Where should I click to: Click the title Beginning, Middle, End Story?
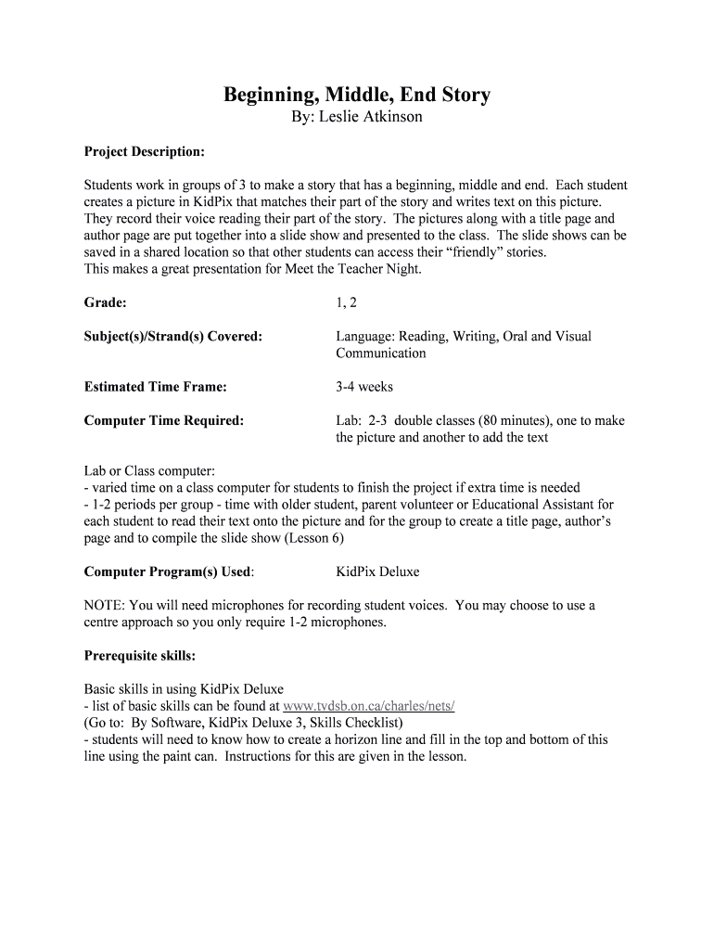coord(357,95)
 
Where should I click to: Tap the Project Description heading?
coord(145,151)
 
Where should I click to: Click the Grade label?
coord(105,302)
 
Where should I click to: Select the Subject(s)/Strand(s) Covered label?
coord(173,336)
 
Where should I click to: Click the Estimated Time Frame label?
coord(156,386)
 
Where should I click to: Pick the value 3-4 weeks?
coord(364,386)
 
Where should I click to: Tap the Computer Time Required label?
coord(164,420)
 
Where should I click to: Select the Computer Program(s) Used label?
coord(169,571)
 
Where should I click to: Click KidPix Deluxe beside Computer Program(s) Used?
coord(377,571)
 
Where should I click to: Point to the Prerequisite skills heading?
coord(140,656)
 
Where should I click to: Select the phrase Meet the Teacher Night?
coord(349,269)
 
